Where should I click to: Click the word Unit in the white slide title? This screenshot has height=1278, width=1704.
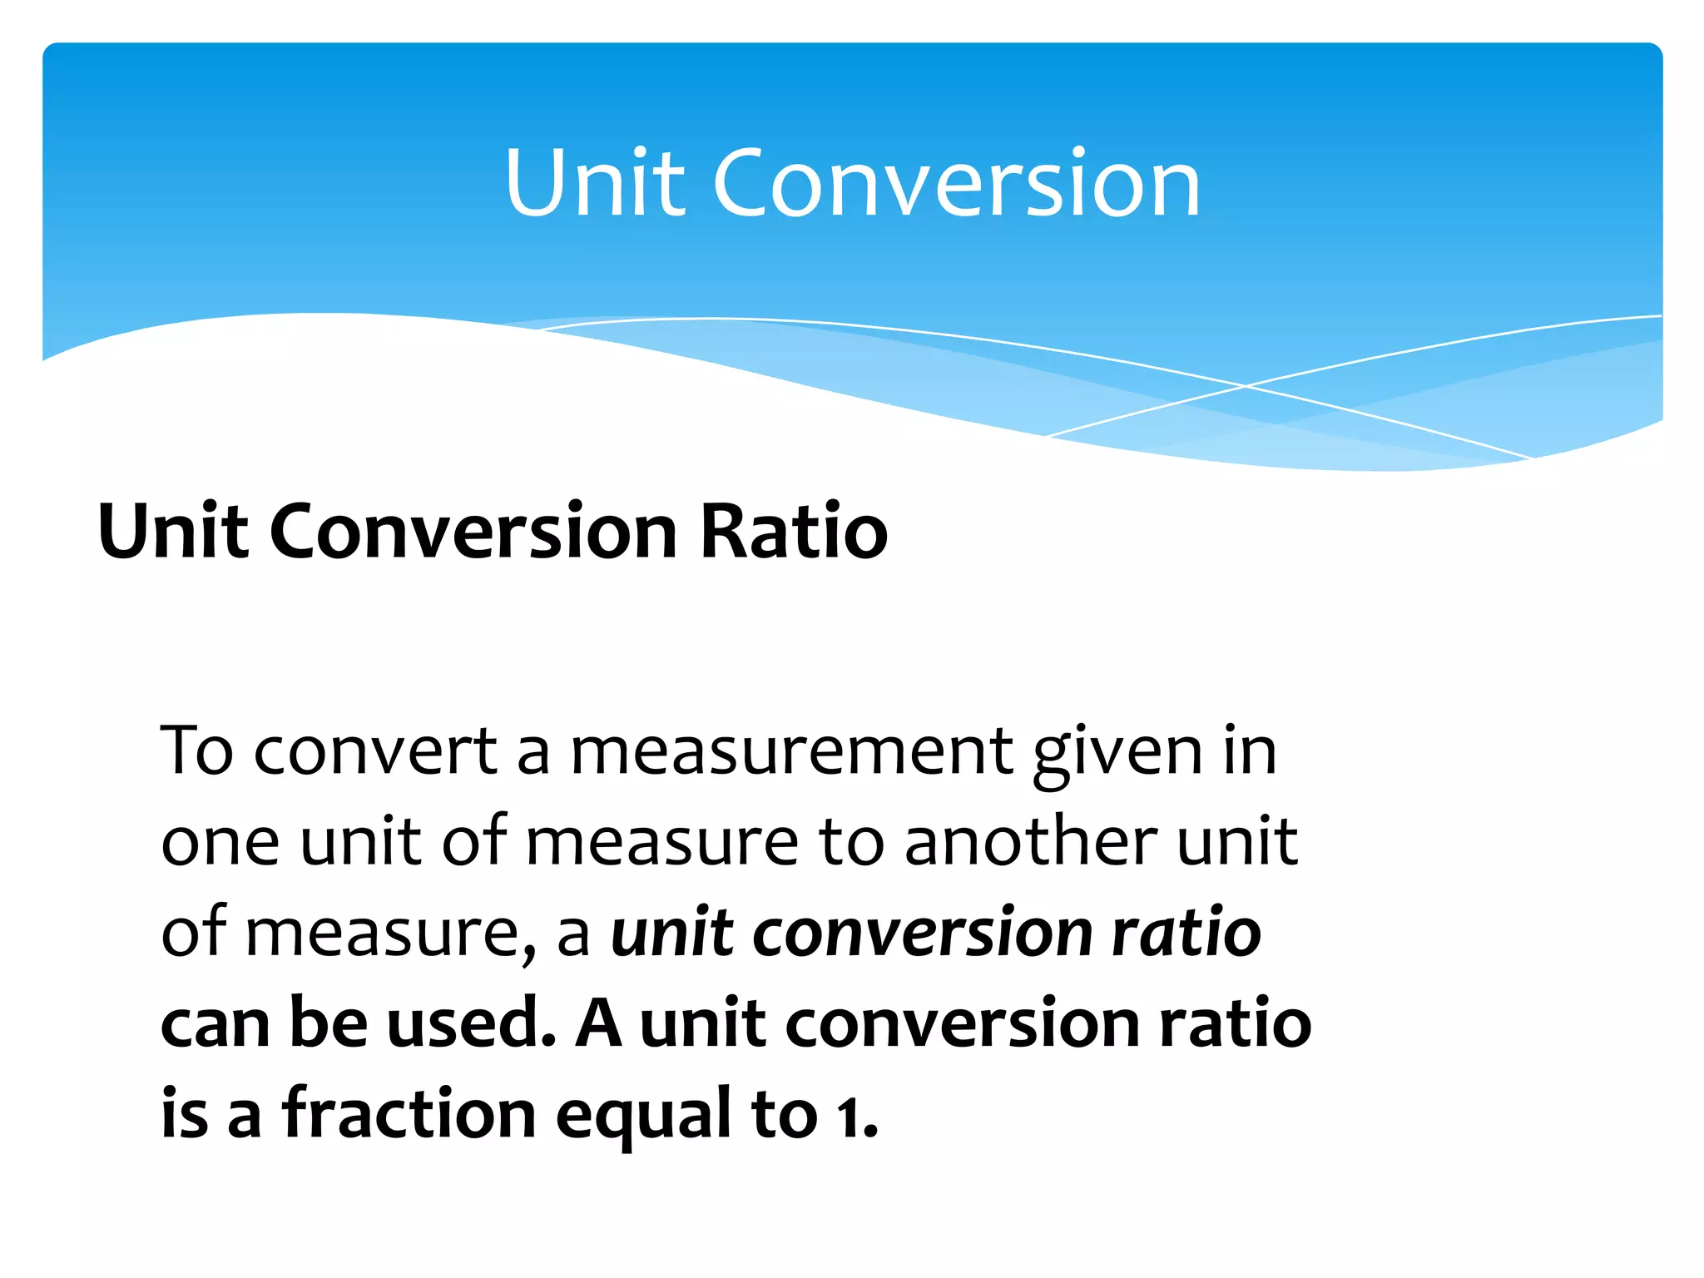pyautogui.click(x=596, y=183)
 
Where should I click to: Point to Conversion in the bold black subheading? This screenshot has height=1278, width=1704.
pyautogui.click(x=473, y=532)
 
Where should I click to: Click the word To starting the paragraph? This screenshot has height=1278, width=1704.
pyautogui.click(x=197, y=750)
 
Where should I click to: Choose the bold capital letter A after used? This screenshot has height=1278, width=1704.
pyautogui.click(x=598, y=1023)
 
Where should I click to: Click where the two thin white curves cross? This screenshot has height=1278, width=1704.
pyautogui.click(x=1246, y=386)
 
